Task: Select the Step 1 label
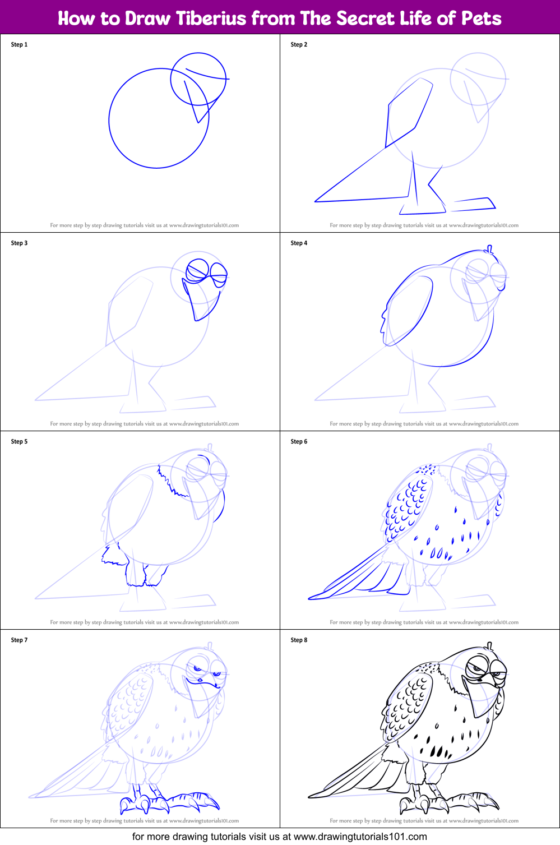[x=19, y=45]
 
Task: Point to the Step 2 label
[x=299, y=45]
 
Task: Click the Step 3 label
[x=19, y=243]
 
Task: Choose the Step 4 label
[x=299, y=243]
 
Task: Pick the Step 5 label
[x=19, y=442]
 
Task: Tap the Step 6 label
[x=299, y=442]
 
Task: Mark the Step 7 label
[x=19, y=640]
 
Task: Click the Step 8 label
[x=299, y=640]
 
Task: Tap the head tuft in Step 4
[x=490, y=248]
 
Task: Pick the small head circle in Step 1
[x=198, y=79]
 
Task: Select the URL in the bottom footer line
[x=360, y=837]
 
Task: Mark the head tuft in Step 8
[x=490, y=645]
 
